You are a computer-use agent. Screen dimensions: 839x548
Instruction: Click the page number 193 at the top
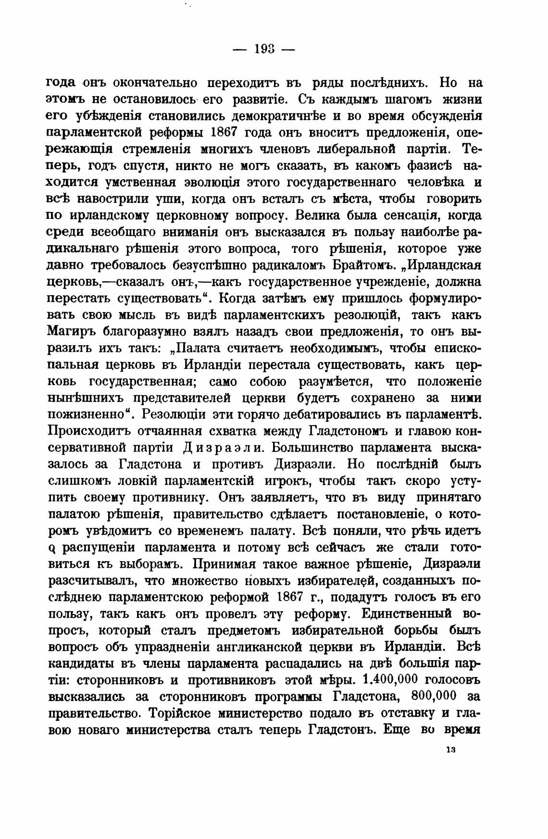coord(264,49)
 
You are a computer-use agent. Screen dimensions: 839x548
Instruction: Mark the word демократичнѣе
coord(272,116)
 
